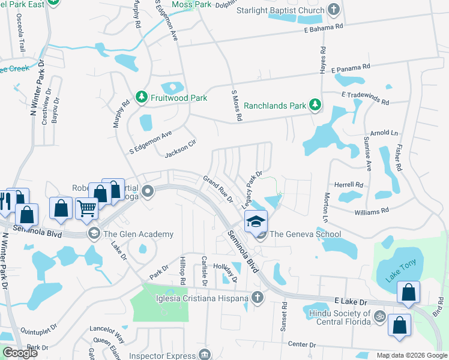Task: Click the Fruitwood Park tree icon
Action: coord(141,97)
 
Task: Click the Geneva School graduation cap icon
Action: coord(256,222)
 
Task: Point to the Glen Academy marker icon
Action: coord(93,233)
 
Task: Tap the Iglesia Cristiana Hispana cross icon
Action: coord(257,298)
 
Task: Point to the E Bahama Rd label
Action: coord(323,27)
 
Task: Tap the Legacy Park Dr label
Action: coord(252,190)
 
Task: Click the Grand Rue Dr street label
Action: coord(217,189)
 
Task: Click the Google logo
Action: coord(20,353)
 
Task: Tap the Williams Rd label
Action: coord(372,211)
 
